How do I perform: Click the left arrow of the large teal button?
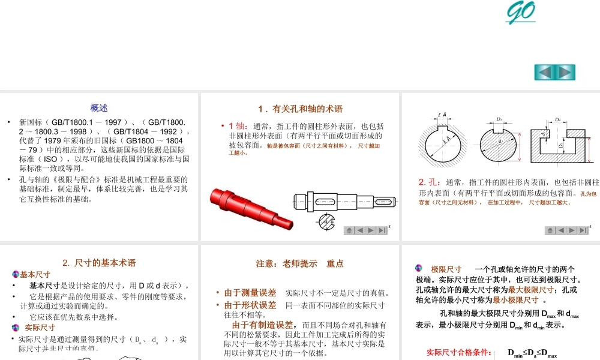click(x=544, y=72)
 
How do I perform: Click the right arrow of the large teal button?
click(x=565, y=72)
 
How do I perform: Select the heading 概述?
click(x=99, y=108)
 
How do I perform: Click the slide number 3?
click(x=389, y=227)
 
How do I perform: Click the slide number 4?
click(x=590, y=227)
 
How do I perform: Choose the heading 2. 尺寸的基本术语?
click(x=99, y=263)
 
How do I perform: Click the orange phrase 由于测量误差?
click(x=250, y=293)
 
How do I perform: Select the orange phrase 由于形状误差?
click(x=250, y=305)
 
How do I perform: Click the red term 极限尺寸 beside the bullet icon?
click(x=446, y=269)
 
